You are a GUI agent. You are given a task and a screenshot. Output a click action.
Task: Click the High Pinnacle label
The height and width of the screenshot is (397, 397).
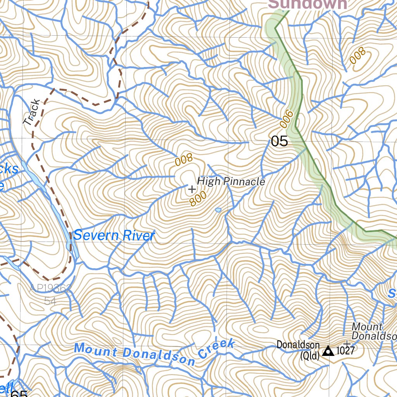pos(231,181)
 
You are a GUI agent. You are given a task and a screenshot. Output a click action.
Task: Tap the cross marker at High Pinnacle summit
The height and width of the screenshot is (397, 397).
pos(192,189)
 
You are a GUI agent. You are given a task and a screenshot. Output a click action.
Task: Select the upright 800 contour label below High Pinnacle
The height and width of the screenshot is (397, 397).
pos(198,198)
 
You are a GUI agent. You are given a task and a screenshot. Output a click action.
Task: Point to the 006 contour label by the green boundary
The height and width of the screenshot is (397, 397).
pos(286,119)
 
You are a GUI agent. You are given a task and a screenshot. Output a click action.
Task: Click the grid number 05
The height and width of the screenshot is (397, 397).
pos(280,141)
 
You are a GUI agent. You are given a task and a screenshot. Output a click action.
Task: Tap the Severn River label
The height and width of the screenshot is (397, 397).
pos(114,235)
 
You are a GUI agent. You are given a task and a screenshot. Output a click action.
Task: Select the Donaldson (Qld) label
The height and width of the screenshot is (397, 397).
pos(298,350)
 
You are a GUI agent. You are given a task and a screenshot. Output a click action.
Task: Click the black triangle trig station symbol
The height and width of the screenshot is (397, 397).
pos(328,351)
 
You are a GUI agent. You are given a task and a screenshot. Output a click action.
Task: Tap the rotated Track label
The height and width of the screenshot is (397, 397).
pos(32,112)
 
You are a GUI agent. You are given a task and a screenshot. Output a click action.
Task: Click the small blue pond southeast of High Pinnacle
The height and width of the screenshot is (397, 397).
pos(218,210)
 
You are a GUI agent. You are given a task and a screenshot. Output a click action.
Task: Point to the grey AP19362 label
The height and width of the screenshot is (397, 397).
pos(50,289)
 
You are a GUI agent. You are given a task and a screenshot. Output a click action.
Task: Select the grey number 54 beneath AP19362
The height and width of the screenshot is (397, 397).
pos(50,300)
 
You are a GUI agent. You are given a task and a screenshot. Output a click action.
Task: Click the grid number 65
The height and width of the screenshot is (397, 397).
pos(19,393)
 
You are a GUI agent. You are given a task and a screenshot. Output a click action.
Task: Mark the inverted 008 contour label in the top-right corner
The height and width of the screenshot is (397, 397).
pos(357,55)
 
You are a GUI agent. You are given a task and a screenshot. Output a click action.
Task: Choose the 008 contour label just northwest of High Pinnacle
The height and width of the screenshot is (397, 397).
pos(184,159)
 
